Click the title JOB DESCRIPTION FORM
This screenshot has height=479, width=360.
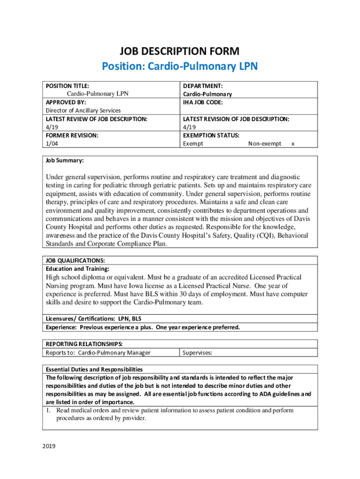(x=180, y=51)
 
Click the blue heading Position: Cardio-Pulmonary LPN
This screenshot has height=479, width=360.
(x=180, y=67)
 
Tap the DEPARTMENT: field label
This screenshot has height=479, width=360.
(x=202, y=86)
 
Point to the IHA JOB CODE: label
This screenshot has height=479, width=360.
(x=203, y=102)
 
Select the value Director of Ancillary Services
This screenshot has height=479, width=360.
(x=83, y=110)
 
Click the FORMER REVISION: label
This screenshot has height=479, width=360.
(x=72, y=135)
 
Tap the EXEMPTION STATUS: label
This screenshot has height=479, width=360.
(x=211, y=135)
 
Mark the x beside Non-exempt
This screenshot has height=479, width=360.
(x=293, y=144)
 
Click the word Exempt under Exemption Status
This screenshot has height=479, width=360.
(x=193, y=144)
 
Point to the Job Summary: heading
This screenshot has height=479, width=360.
(x=65, y=160)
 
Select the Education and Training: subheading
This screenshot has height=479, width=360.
(x=77, y=269)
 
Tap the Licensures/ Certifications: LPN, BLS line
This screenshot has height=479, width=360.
(x=94, y=319)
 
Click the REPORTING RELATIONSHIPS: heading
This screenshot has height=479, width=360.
(x=84, y=344)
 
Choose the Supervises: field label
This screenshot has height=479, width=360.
(x=197, y=353)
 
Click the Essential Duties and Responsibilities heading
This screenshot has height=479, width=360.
(x=94, y=369)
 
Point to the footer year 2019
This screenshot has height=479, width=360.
(x=49, y=446)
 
